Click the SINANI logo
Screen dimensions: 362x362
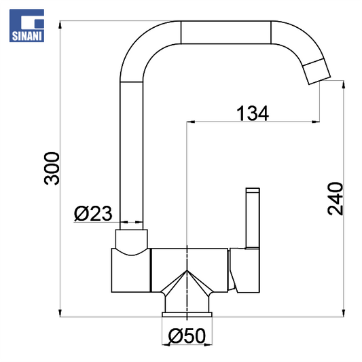point(26,25)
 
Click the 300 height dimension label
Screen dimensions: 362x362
point(52,168)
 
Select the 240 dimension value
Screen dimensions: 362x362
point(336,199)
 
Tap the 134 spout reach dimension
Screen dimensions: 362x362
point(253,113)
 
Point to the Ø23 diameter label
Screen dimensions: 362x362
point(93,213)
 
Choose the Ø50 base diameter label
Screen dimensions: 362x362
point(187,336)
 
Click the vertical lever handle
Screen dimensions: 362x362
point(253,218)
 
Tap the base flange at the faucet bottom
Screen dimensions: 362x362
point(187,314)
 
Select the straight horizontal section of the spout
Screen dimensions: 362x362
point(225,33)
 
